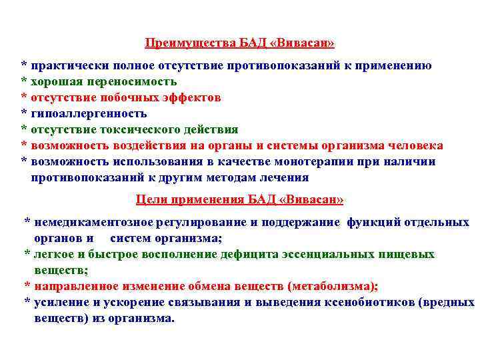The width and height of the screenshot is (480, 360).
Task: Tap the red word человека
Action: click(415, 145)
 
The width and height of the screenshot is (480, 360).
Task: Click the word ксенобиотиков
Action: click(372, 302)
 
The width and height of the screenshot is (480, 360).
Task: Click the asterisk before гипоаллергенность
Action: click(24, 113)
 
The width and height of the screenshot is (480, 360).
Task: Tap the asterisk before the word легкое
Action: click(27, 254)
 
